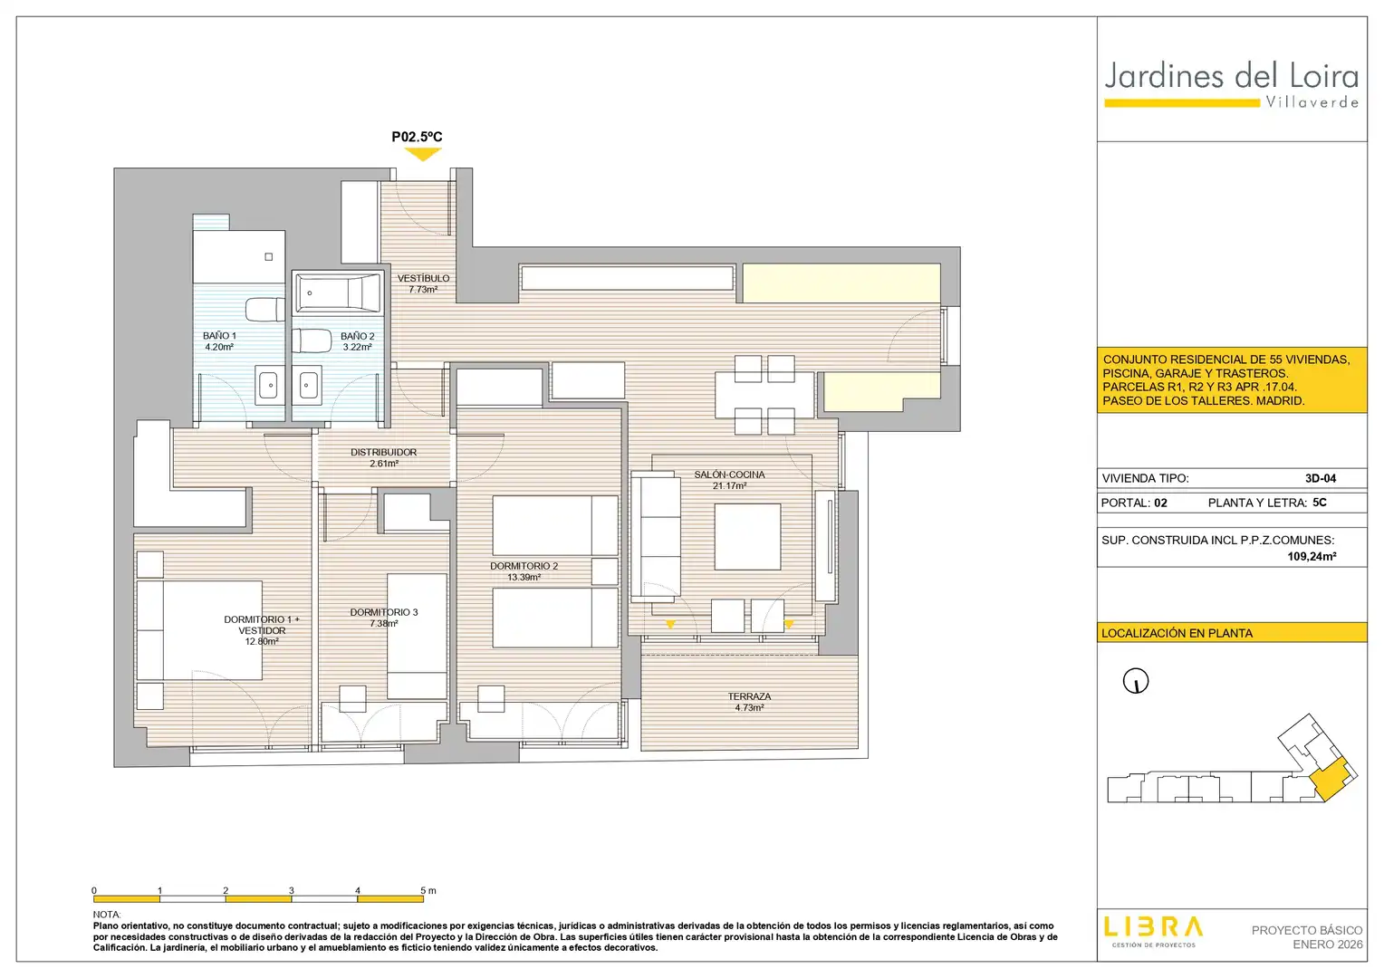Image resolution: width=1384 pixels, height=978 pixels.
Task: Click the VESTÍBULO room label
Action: tap(423, 278)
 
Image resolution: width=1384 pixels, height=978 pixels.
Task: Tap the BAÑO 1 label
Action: tap(219, 335)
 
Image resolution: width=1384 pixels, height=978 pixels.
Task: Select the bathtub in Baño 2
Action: tap(338, 292)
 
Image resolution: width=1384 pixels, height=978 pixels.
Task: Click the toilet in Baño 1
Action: tap(265, 310)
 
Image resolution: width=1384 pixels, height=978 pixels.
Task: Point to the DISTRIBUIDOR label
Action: tap(384, 452)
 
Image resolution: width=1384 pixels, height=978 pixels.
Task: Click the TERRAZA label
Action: tap(749, 696)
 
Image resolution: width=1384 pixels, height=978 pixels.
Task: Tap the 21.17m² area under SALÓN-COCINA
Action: tap(730, 486)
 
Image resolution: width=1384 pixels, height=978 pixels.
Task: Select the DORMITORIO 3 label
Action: tap(384, 612)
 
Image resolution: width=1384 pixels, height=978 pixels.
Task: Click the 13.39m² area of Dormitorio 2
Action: tap(524, 578)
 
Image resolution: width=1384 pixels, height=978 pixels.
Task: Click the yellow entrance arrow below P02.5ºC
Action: tap(423, 155)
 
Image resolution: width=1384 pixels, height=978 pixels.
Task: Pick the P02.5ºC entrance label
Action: tap(417, 137)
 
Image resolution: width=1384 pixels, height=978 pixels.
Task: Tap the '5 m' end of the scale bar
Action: tap(428, 891)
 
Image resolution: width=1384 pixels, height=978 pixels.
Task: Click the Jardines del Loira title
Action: tap(1232, 77)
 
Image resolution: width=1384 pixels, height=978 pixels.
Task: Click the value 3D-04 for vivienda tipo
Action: tap(1321, 478)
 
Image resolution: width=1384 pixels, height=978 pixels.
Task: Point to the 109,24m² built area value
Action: tap(1312, 556)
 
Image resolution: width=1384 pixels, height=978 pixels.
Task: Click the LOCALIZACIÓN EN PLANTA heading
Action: tap(1177, 633)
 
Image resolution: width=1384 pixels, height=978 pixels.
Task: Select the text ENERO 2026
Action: tap(1328, 944)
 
